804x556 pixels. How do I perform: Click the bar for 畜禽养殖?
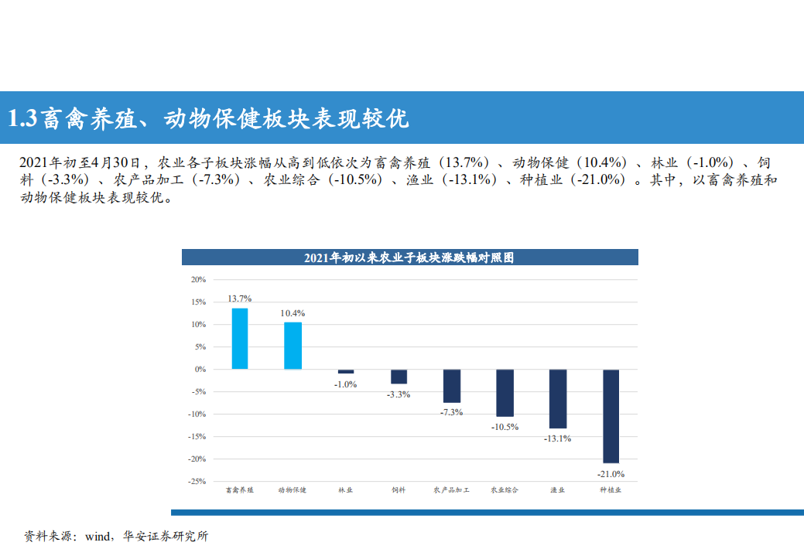[x=240, y=339]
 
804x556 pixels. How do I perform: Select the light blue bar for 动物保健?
[x=293, y=346]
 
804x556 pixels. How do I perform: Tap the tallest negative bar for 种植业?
[x=611, y=416]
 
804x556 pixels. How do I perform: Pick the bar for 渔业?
[x=557, y=399]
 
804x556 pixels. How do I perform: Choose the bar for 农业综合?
[x=505, y=393]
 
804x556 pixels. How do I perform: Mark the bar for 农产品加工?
[x=452, y=386]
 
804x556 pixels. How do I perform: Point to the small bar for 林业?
[x=346, y=372]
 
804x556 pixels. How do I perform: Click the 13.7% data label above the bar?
[x=240, y=298]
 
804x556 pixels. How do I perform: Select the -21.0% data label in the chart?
[x=611, y=474]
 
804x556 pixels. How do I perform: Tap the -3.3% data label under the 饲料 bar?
[x=399, y=394]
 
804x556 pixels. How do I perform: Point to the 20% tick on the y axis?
[x=198, y=279]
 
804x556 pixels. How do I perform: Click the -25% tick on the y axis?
[x=197, y=481]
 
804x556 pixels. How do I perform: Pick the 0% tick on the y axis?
[x=200, y=369]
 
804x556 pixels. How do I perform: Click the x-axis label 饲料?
[x=399, y=489]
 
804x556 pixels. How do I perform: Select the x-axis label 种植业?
[x=611, y=489]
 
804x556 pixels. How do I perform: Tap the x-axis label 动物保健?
[x=293, y=489]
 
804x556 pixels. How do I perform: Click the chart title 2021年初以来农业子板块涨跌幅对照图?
[x=409, y=258]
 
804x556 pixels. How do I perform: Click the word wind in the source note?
[x=99, y=536]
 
